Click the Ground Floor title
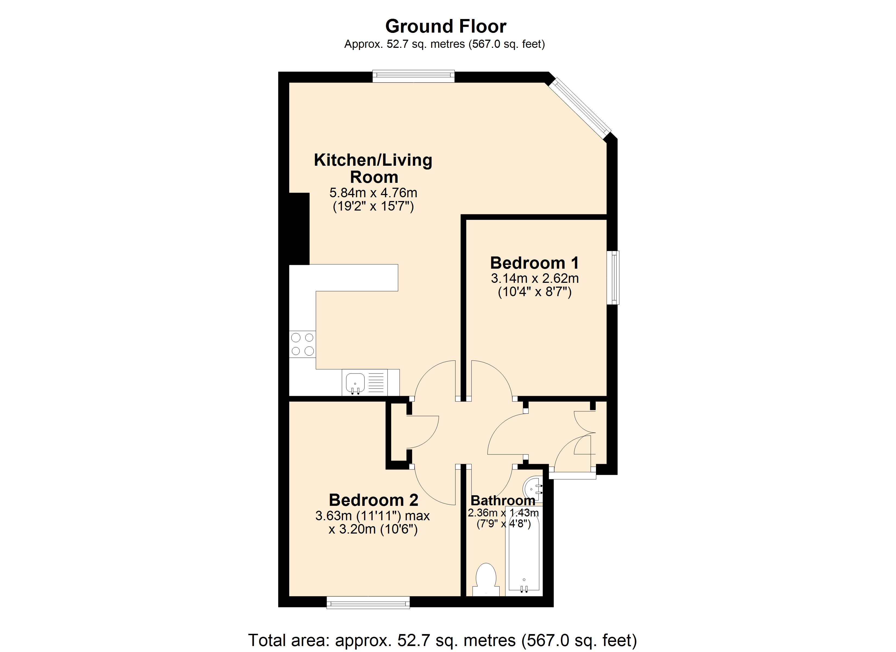pyautogui.click(x=445, y=27)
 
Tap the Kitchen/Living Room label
pyautogui.click(x=373, y=168)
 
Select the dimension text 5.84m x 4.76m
pyautogui.click(x=373, y=193)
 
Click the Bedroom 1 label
pyautogui.click(x=534, y=263)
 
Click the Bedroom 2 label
pyautogui.click(x=373, y=500)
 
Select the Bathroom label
pyautogui.click(x=503, y=501)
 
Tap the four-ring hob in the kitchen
pyautogui.click(x=302, y=344)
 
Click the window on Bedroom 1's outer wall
pyautogui.click(x=613, y=278)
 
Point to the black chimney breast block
pyautogui.click(x=299, y=228)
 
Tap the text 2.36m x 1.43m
pyautogui.click(x=503, y=513)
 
